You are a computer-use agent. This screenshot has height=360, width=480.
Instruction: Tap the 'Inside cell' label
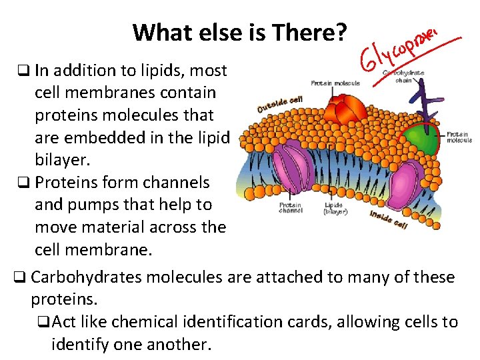pyautogui.click(x=388, y=217)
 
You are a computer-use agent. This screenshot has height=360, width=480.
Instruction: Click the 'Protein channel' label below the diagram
pyautogui.click(x=291, y=209)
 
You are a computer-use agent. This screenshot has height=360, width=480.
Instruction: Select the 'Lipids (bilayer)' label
pyautogui.click(x=335, y=209)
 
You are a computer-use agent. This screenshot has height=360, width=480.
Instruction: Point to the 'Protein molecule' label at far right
pyautogui.click(x=459, y=137)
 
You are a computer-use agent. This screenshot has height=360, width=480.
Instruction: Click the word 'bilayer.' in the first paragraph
pyautogui.click(x=62, y=160)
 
